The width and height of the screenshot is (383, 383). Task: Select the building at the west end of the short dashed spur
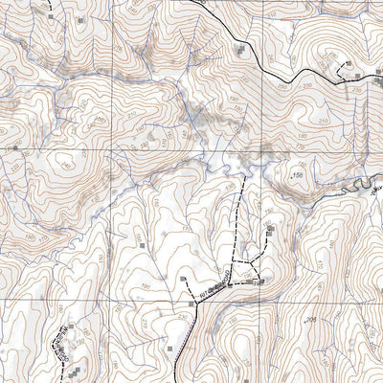pos(183,279)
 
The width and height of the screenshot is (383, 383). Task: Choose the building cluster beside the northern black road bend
pos(240,48)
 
